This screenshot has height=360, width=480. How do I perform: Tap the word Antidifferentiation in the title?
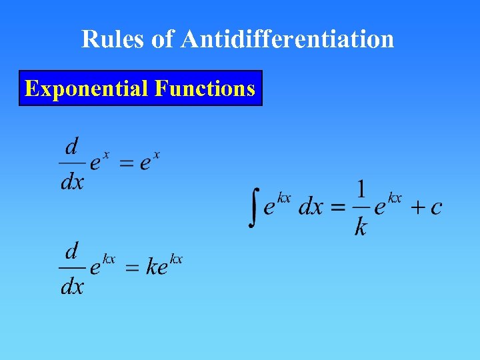[287, 39]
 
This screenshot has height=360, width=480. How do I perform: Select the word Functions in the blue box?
[205, 88]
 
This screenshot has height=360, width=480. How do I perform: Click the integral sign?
[253, 207]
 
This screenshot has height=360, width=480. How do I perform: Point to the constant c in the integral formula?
[436, 207]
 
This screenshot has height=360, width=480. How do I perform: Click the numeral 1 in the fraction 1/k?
[361, 189]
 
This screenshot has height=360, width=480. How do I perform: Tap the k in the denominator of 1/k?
[361, 227]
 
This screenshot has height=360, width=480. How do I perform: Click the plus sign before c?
[417, 207]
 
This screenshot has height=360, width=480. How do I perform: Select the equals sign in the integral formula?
[338, 207]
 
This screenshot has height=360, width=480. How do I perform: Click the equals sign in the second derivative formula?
[133, 268]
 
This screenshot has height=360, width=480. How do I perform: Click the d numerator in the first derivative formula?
[72, 145]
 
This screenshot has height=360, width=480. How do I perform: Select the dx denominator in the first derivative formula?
[72, 181]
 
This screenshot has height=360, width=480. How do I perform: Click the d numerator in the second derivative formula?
[72, 251]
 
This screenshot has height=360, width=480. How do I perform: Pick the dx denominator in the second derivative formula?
[72, 286]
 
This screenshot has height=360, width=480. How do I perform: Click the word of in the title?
[162, 39]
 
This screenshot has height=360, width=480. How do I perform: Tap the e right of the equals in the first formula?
[145, 163]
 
